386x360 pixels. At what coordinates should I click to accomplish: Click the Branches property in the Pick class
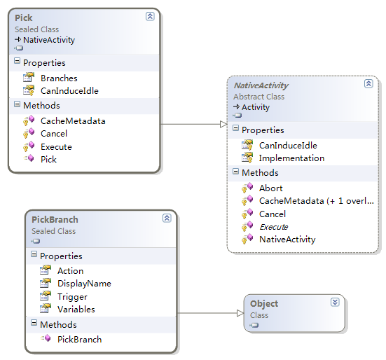pos(59,78)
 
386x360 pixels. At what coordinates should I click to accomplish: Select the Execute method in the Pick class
pos(56,147)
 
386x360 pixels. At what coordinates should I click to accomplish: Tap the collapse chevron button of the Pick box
pos(150,16)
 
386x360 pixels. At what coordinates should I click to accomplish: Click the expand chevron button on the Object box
pos(335,302)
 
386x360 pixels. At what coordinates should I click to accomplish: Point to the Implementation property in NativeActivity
pos(291,158)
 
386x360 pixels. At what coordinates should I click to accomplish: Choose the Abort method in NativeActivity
pos(271,188)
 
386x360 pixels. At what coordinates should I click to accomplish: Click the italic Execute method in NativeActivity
pos(274,227)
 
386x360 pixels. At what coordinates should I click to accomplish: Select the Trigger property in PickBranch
pos(72,297)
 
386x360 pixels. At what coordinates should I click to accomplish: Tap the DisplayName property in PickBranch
pos(84,284)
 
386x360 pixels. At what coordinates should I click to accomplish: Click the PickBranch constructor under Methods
pos(80,340)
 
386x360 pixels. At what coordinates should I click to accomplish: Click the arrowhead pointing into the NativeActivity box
pos(223,124)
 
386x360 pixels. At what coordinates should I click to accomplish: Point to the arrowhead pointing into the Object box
pos(240,313)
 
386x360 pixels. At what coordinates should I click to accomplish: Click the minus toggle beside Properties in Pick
pos(17,61)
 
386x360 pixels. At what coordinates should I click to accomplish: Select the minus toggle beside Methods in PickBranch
pos(34,323)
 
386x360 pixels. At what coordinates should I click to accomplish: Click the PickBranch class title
pos(55,219)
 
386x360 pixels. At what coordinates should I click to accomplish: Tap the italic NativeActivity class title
pos(261,85)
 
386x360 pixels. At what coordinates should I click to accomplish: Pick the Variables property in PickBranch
pos(76,310)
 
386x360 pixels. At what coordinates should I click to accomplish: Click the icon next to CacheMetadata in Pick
pos(29,120)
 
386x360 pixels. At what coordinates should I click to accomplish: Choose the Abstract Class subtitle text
pos(259,97)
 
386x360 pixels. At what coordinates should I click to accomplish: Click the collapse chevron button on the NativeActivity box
pos(368,83)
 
